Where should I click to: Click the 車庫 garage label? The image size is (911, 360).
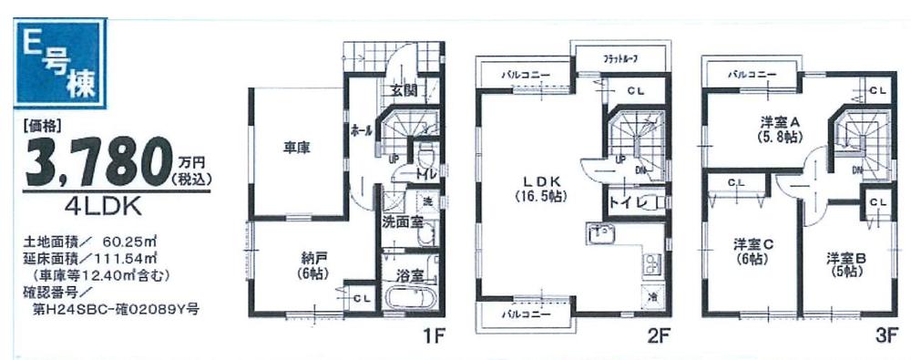tap(296, 148)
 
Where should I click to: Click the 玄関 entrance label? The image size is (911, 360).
tap(404, 91)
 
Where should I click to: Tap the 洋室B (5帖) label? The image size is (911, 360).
tap(845, 264)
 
